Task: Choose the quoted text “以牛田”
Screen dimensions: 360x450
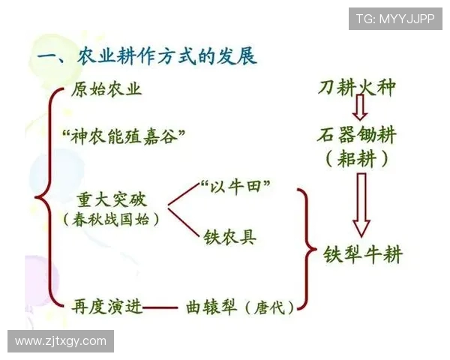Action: (235, 185)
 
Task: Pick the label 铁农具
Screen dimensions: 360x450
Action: (229, 237)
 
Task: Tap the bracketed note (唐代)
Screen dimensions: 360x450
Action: (268, 307)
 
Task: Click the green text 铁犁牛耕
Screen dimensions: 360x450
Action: (363, 254)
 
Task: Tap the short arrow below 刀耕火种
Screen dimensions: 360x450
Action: (360, 110)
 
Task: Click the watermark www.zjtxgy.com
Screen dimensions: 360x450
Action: (61, 341)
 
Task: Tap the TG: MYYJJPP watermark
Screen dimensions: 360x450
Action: (394, 19)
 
